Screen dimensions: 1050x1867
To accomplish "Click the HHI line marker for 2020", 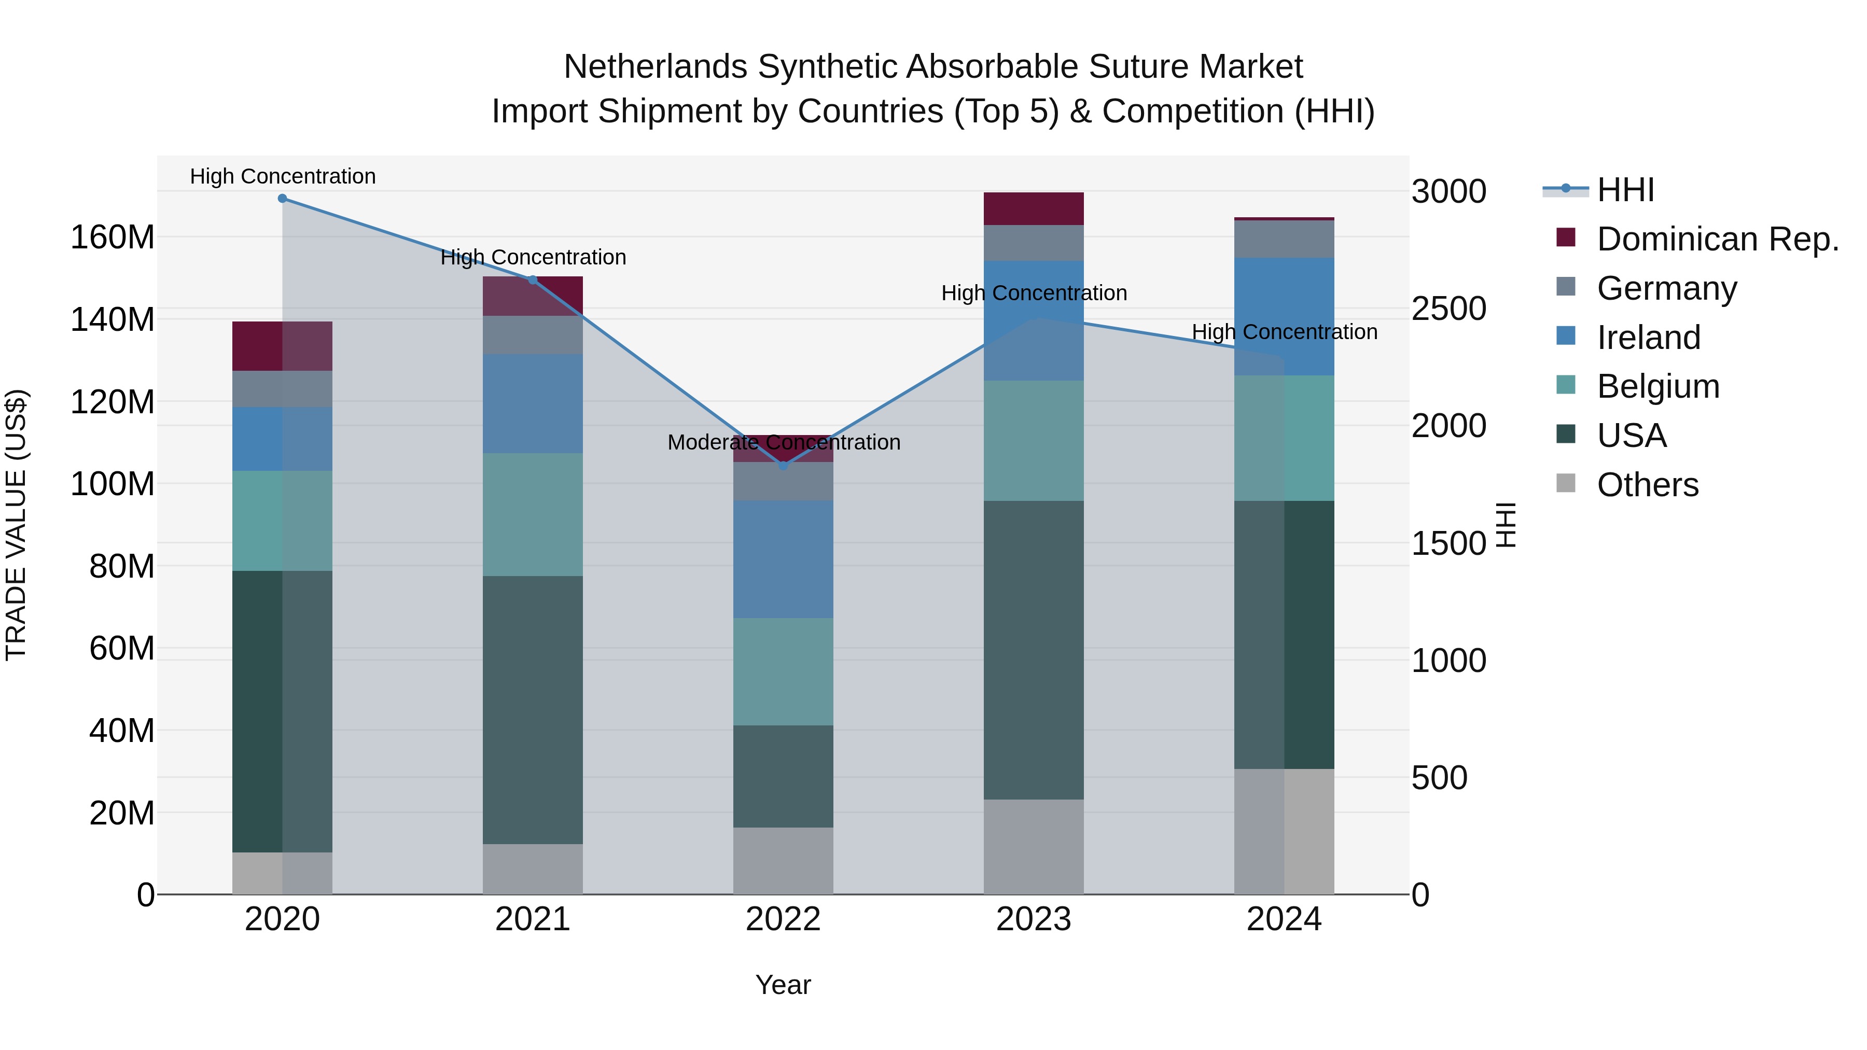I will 283,199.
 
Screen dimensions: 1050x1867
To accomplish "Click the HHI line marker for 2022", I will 783,466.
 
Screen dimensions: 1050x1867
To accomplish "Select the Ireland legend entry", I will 1648,338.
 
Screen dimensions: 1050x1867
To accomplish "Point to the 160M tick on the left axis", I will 113,237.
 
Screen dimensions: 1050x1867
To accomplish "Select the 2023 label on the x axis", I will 1034,919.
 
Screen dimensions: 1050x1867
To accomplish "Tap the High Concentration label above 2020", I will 283,177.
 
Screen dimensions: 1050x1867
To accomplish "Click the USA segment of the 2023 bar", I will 1034,650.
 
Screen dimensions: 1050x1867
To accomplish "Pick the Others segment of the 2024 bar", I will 1284,831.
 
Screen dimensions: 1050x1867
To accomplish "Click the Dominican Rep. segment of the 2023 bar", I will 1034,208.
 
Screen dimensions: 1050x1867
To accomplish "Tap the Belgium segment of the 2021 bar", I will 533,514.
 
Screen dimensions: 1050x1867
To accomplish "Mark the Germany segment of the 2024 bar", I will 1284,239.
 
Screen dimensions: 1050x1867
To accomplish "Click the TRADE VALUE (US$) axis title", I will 17,525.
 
